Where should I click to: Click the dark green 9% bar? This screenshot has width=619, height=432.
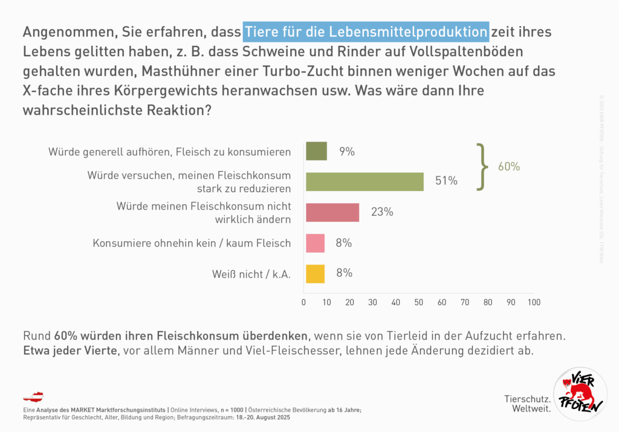pos(316,151)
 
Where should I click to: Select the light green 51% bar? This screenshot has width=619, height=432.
pos(365,181)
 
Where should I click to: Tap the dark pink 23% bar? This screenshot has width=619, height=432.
pos(332,212)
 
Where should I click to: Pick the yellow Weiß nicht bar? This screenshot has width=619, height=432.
pos(315,274)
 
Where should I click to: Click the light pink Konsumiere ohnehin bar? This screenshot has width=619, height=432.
pos(315,243)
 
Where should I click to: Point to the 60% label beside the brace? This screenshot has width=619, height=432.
pos(508,167)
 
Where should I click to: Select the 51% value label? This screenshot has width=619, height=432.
pos(446,181)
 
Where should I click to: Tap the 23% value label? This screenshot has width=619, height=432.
pos(382,212)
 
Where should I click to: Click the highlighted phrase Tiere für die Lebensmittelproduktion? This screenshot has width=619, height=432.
pos(366,30)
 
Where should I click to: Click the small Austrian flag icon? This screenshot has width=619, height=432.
pos(33,396)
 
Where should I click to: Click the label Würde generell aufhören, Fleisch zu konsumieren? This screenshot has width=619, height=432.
pos(169,152)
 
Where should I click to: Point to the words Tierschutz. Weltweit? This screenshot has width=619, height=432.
pos(527,404)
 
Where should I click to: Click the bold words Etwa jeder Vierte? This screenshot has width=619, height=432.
pos(70,350)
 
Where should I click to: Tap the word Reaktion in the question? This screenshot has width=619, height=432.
pos(180,111)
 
